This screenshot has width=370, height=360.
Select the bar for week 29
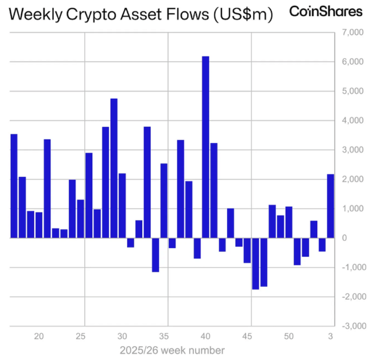coord(114,168)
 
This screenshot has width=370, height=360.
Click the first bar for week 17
coord(14,185)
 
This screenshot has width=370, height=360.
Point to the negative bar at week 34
coord(156,254)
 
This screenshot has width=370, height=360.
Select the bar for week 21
coord(47,188)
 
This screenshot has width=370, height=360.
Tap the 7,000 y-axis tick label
coord(350,32)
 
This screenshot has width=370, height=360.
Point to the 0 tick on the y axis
coord(345,237)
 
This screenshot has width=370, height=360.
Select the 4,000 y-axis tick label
coord(350,121)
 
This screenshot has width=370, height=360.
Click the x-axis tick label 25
coord(81,336)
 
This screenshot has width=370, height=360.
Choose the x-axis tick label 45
coord(247,336)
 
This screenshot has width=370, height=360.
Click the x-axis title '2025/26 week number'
coord(172,350)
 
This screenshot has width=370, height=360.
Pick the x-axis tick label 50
coord(288,336)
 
